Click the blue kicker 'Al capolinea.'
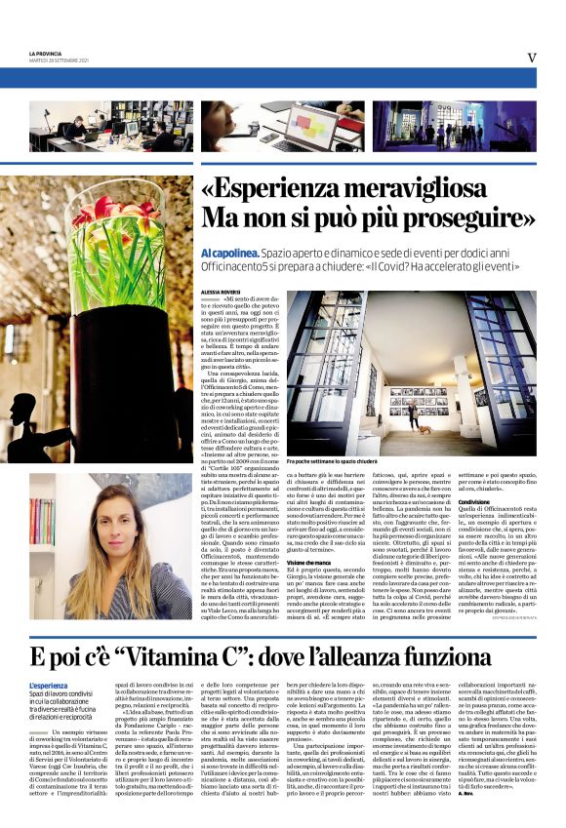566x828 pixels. pos(226,251)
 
